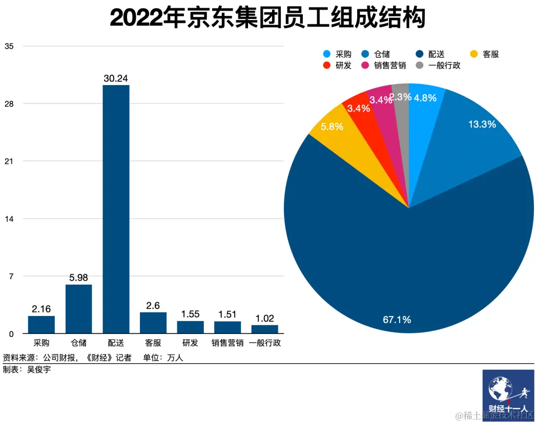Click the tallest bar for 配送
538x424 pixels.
point(116,209)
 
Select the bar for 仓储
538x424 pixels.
point(79,309)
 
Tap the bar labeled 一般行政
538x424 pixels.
point(265,329)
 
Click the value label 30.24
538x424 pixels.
point(116,78)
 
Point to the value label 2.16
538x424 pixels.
point(41,309)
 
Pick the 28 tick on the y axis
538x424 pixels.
point(9,104)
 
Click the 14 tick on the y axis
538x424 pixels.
point(9,218)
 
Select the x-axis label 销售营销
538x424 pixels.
point(227,343)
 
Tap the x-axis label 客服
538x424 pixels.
point(153,343)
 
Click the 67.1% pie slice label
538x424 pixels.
point(397,319)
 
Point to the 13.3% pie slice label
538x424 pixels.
point(482,124)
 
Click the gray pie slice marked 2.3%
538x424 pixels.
point(401,97)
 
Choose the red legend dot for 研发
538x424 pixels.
point(327,66)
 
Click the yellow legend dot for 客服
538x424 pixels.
point(474,54)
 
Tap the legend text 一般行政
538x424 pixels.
point(444,66)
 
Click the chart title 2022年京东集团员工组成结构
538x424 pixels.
point(268,18)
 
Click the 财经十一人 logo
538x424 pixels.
point(508,395)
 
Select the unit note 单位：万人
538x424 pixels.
point(163,357)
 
